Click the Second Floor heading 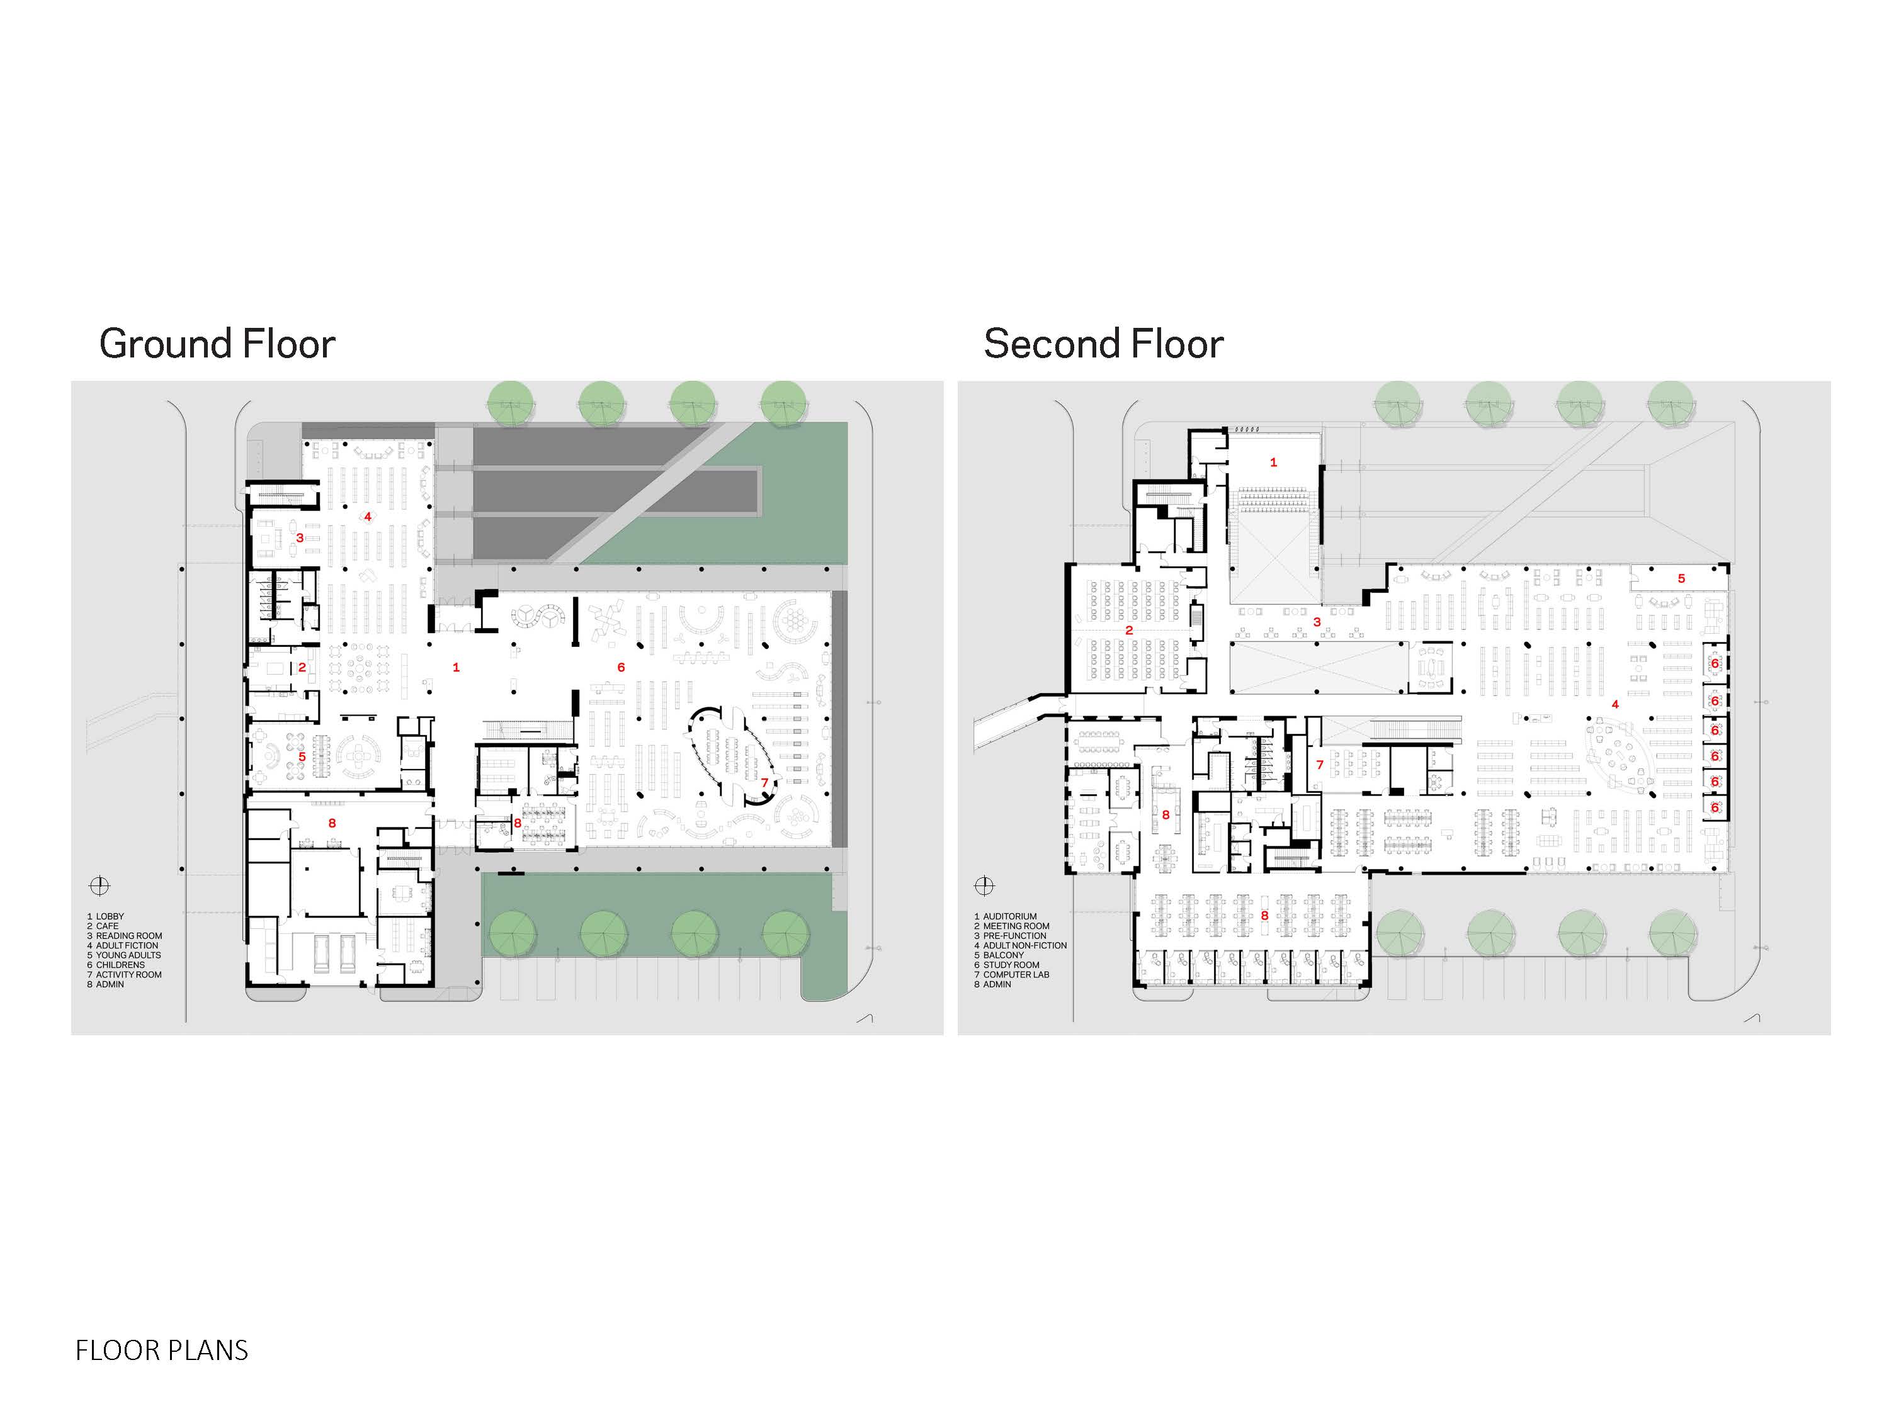click(1103, 344)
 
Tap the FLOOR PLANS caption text click(161, 1351)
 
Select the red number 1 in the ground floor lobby click(456, 668)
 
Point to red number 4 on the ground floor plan click(368, 517)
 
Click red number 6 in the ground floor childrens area click(621, 668)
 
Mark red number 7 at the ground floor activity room click(764, 782)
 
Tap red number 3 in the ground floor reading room click(300, 537)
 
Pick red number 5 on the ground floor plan click(302, 756)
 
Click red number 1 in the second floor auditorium click(1273, 463)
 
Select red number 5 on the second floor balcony click(1681, 579)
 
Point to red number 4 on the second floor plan click(1615, 704)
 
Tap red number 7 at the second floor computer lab click(1319, 765)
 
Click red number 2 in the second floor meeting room click(1129, 630)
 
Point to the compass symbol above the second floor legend click(985, 885)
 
